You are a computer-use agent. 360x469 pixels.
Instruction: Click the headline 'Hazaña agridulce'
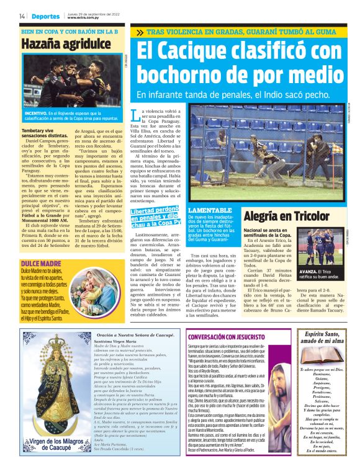point(61,44)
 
